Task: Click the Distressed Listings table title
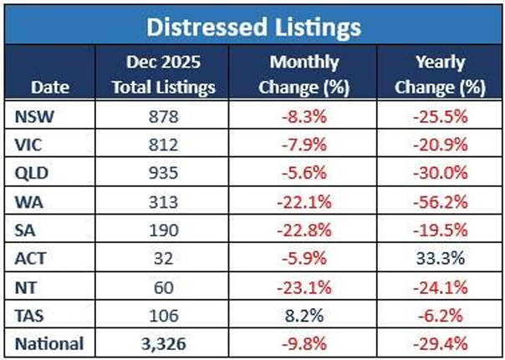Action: [x=254, y=27]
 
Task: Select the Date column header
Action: [x=50, y=87]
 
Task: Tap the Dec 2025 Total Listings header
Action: [x=164, y=74]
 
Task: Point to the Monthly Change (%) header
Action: [x=304, y=74]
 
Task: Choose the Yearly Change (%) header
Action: [x=441, y=74]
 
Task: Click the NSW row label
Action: [x=33, y=116]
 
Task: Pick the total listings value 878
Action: [x=163, y=116]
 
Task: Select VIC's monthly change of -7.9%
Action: [x=304, y=145]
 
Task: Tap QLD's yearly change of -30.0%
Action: [x=441, y=173]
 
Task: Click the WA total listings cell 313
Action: [x=163, y=202]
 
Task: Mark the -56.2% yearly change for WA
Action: [x=441, y=202]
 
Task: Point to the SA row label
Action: [x=25, y=231]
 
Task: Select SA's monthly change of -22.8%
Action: [x=304, y=231]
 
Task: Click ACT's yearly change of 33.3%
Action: [x=441, y=258]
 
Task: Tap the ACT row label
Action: [x=30, y=258]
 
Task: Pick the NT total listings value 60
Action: [x=163, y=287]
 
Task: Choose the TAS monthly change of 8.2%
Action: [x=304, y=315]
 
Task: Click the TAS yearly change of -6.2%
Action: [x=441, y=315]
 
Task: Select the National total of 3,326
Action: [x=163, y=343]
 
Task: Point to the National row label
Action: [x=49, y=343]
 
